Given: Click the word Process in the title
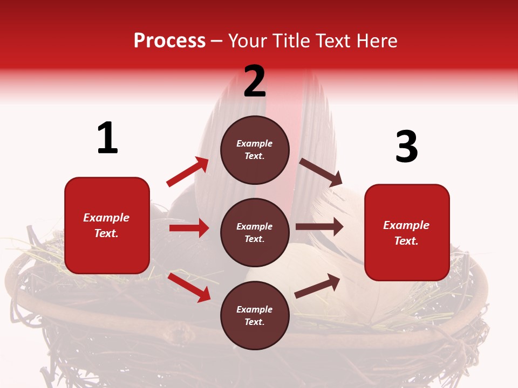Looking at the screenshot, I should pos(169,41).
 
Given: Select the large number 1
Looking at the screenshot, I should pos(107,138).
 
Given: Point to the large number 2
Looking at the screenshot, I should pos(255,82).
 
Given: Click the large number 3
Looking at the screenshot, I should pos(406,147).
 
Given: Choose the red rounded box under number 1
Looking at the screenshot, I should pos(107,225).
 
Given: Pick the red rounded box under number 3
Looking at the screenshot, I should pos(407,232).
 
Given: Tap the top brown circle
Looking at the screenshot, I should pos(255,150).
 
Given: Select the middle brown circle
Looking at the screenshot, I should pos(255,232).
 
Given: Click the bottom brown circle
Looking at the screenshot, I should pos(255,315).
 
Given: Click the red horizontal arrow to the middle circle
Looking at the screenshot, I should pos(189,228).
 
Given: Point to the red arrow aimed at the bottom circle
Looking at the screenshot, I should pos(189,287).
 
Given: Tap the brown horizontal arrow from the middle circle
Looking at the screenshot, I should pos(319,226).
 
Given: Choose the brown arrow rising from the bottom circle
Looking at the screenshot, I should pos(318,286).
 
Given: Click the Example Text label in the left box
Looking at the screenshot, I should pos(106,225).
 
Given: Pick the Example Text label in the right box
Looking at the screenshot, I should pos(406,233).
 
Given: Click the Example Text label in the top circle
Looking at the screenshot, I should pos(255,150).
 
